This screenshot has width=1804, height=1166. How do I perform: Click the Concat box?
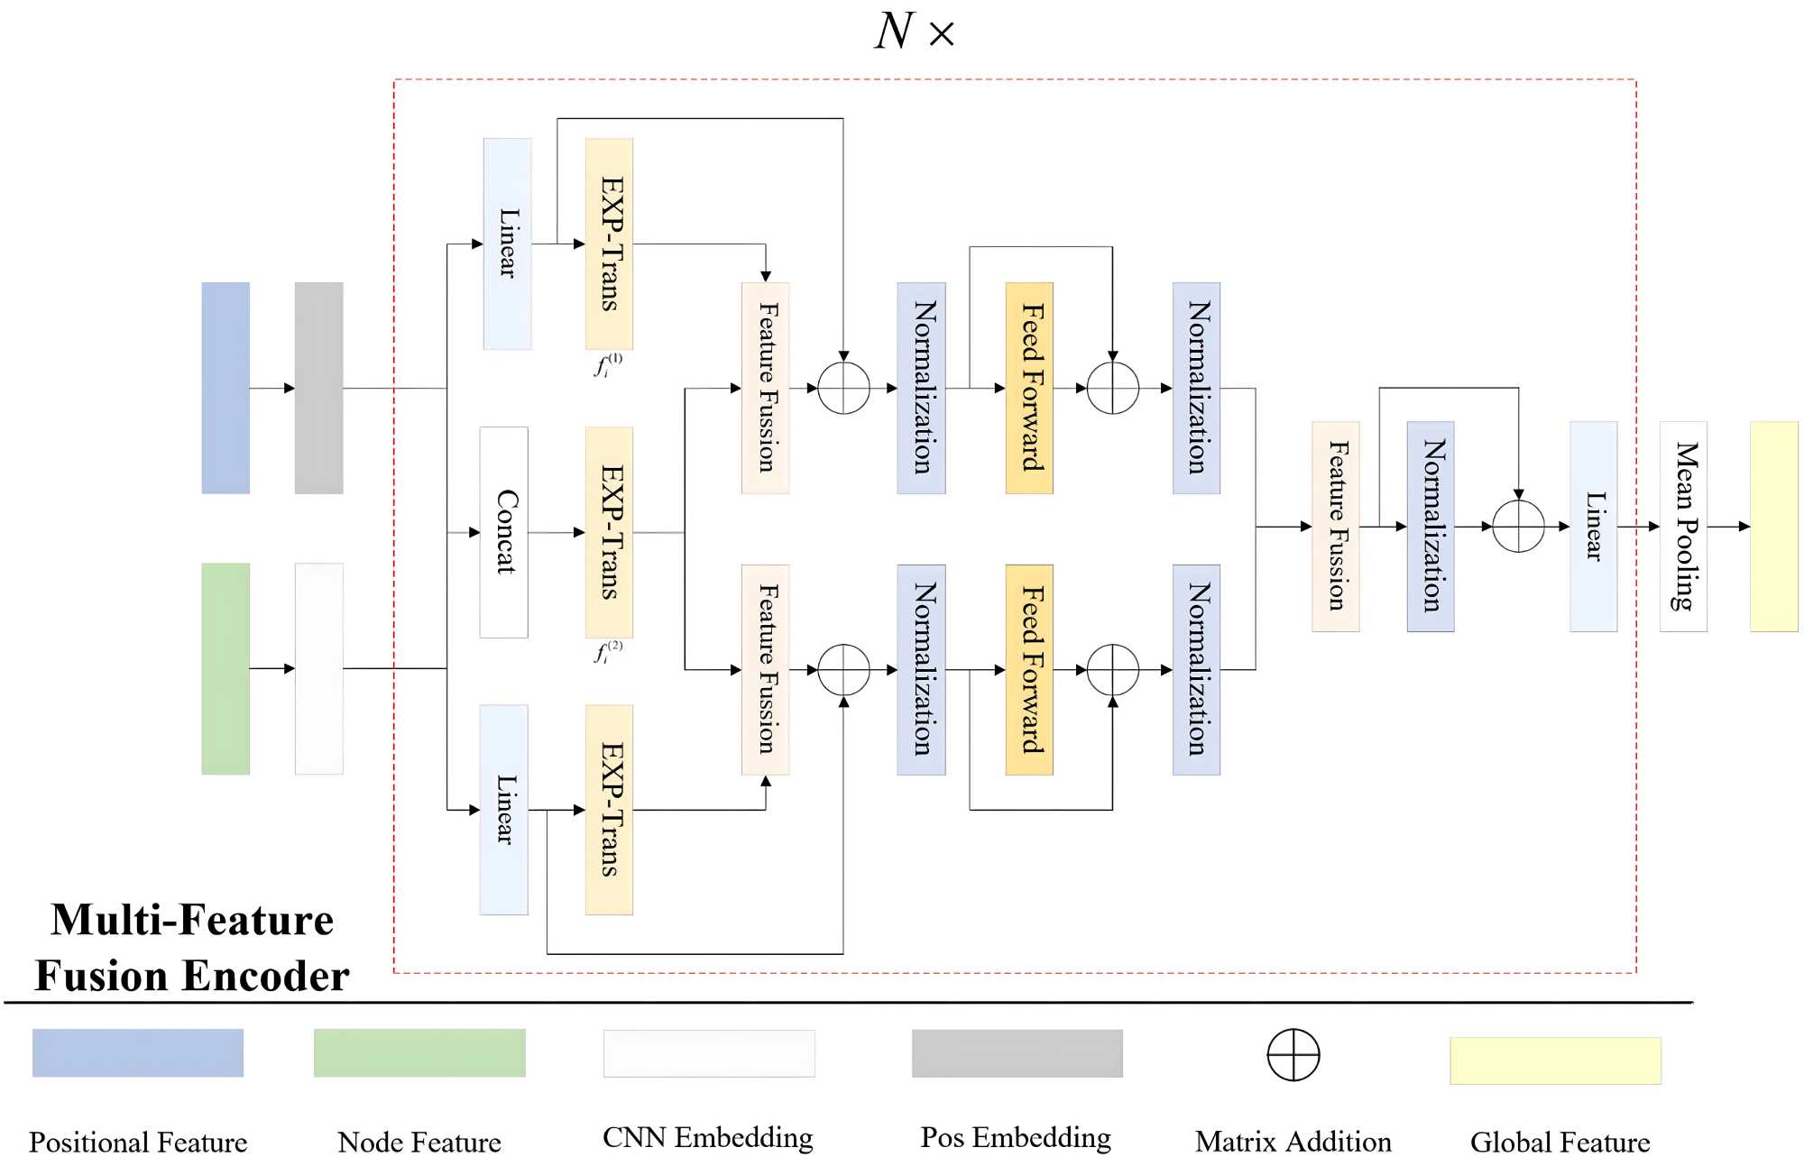tap(504, 532)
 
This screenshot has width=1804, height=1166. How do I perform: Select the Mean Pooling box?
tap(1683, 527)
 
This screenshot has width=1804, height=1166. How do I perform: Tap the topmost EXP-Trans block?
tap(609, 243)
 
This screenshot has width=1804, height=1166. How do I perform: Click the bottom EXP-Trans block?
tap(609, 810)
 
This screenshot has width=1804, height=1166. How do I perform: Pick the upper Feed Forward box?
tap(1029, 388)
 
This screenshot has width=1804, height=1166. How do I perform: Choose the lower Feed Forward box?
tap(1029, 670)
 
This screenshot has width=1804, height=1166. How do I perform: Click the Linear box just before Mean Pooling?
tap(1593, 527)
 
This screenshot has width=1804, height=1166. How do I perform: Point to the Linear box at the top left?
tap(507, 243)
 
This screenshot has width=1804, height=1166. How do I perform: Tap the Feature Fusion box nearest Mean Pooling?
tap(1335, 527)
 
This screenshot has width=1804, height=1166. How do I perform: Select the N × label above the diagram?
tap(914, 32)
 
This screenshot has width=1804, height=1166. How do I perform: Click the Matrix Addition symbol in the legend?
tap(1293, 1054)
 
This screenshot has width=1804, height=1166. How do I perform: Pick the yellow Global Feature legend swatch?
tap(1555, 1060)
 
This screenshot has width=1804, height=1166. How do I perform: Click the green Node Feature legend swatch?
tap(419, 1052)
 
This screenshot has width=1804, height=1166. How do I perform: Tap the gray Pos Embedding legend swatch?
tap(1017, 1053)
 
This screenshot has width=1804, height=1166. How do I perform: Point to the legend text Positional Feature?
tap(138, 1143)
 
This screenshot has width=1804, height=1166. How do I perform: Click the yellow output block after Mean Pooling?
tap(1773, 527)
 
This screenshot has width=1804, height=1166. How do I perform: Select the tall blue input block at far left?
tap(225, 388)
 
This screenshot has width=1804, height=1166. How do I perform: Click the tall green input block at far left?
tap(225, 668)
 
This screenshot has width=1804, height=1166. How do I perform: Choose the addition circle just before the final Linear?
tap(1518, 527)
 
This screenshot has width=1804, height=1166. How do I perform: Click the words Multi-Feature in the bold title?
tap(192, 921)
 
